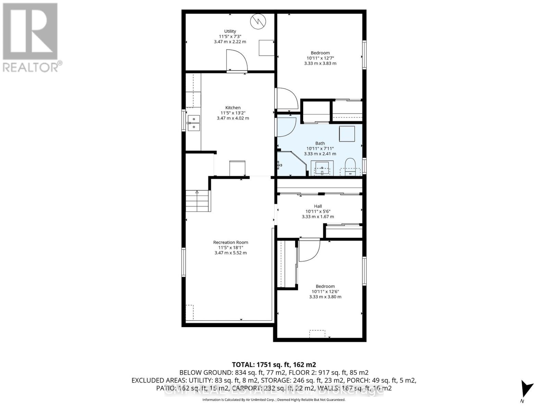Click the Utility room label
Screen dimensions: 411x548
pyautogui.click(x=230, y=32)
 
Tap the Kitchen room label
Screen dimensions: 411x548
pyautogui.click(x=233, y=108)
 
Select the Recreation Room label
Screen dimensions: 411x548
pyautogui.click(x=231, y=242)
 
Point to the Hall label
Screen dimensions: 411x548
pyautogui.click(x=318, y=206)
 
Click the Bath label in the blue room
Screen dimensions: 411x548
pyautogui.click(x=320, y=144)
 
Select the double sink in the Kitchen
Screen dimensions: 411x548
pyautogui.click(x=194, y=123)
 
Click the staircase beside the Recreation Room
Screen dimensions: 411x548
pyautogui.click(x=197, y=201)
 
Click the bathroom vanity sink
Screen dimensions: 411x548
pyautogui.click(x=322, y=169)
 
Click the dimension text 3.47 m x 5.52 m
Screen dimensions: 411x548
pyautogui.click(x=231, y=253)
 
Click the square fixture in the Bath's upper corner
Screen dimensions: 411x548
pyautogui.click(x=347, y=134)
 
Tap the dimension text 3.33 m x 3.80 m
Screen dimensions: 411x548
pyautogui.click(x=325, y=297)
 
